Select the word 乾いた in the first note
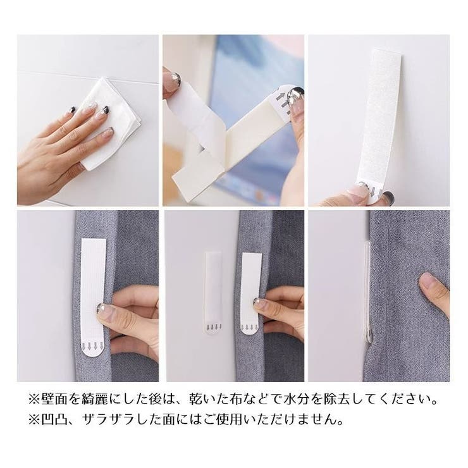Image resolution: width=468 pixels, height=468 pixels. pyautogui.click(x=199, y=400)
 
